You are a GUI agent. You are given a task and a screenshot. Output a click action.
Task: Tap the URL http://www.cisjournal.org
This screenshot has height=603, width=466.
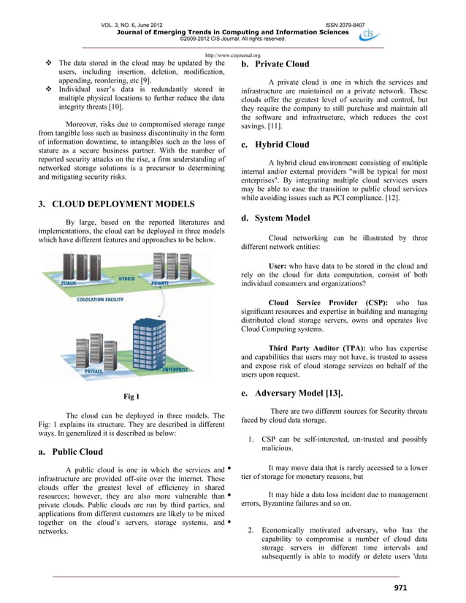pyautogui.click(x=233, y=55)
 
